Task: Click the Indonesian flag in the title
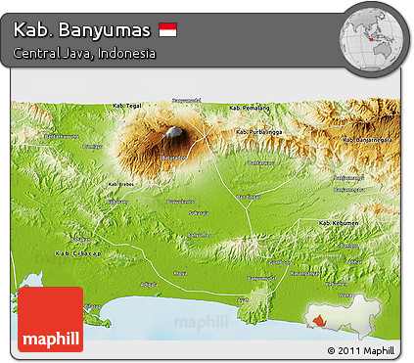(167, 30)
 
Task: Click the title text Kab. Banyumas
(81, 30)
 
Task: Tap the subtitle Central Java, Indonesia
(84, 54)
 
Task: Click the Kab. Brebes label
(120, 183)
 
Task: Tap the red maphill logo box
(50, 319)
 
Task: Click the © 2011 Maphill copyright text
(361, 349)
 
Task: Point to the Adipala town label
(149, 284)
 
